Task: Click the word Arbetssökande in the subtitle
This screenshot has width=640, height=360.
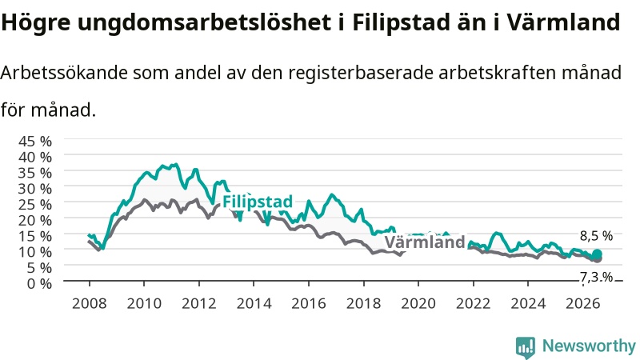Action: (64, 73)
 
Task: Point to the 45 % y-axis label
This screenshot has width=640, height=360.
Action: (35, 142)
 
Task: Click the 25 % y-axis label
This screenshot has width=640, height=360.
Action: (35, 204)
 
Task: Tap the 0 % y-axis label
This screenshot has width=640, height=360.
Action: (39, 283)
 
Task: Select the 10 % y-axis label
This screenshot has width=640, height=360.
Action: (35, 251)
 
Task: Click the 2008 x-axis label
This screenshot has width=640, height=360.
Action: (89, 304)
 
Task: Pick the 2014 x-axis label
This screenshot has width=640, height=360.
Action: (254, 304)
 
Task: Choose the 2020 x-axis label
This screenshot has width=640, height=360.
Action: (418, 304)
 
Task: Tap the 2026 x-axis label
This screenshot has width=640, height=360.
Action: (583, 304)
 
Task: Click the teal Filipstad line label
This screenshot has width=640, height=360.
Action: (258, 202)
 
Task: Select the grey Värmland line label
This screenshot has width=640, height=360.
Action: (425, 242)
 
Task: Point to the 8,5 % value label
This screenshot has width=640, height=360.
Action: (596, 236)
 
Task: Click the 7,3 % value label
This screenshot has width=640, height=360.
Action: (596, 277)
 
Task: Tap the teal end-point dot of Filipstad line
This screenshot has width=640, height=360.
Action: (597, 254)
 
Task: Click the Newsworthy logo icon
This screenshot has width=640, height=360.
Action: (526, 347)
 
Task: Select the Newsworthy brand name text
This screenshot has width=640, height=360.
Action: (589, 346)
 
